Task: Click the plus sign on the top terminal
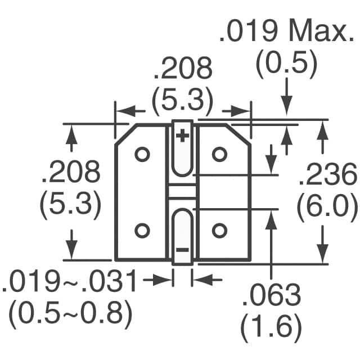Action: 182,136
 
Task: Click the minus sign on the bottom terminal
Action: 182,249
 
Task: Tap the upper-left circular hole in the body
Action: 142,154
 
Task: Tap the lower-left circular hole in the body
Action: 142,229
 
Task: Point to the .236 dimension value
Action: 327,176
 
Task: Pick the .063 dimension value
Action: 272,295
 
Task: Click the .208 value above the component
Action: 182,69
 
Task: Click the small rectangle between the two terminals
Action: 182,191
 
